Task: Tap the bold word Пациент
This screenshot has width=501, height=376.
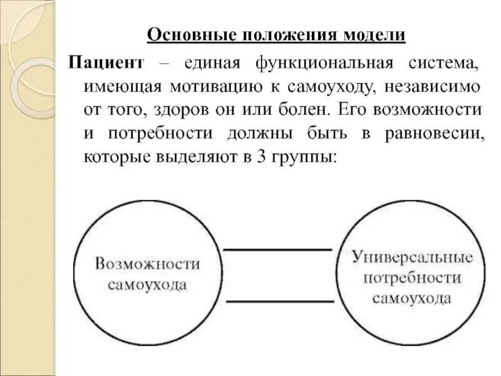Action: [107, 63]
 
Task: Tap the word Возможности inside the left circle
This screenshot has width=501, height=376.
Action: [148, 263]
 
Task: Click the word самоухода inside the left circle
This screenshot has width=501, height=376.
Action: [147, 285]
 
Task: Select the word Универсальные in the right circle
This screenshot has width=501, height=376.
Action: [411, 257]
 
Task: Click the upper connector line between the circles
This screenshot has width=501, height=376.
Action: [277, 250]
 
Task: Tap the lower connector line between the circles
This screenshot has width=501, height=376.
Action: [277, 301]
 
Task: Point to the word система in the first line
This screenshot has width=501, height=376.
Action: [450, 63]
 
